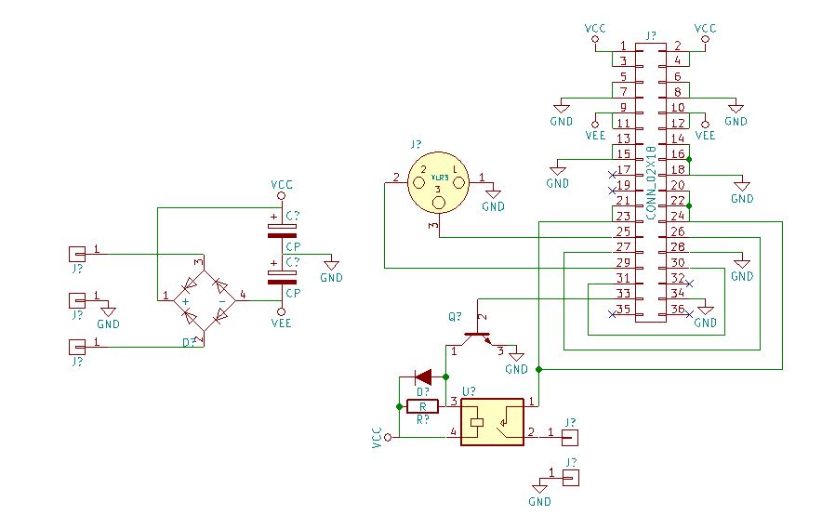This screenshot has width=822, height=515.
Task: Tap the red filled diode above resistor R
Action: pos(423,376)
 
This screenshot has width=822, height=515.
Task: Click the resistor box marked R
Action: pos(423,406)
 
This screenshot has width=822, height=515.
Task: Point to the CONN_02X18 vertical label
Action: pos(651,181)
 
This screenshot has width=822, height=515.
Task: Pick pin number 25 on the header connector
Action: pos(623,231)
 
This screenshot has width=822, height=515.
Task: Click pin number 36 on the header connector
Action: pos(678,310)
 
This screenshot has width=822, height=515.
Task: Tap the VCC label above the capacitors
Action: pos(282,185)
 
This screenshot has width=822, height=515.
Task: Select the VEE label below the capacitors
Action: pos(282,324)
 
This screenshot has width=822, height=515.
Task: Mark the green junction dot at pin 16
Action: pos(689,158)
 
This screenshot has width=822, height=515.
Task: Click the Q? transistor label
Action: pos(455,317)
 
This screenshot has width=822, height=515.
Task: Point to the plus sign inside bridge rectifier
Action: pos(186,302)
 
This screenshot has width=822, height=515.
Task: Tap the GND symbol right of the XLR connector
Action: pos(494,197)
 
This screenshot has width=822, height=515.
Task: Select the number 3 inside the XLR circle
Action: pos(438,191)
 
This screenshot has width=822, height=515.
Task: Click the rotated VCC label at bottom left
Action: pos(377,438)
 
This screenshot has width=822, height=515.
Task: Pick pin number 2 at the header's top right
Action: pos(677,46)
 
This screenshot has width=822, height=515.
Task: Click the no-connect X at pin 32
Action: pos(689,282)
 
